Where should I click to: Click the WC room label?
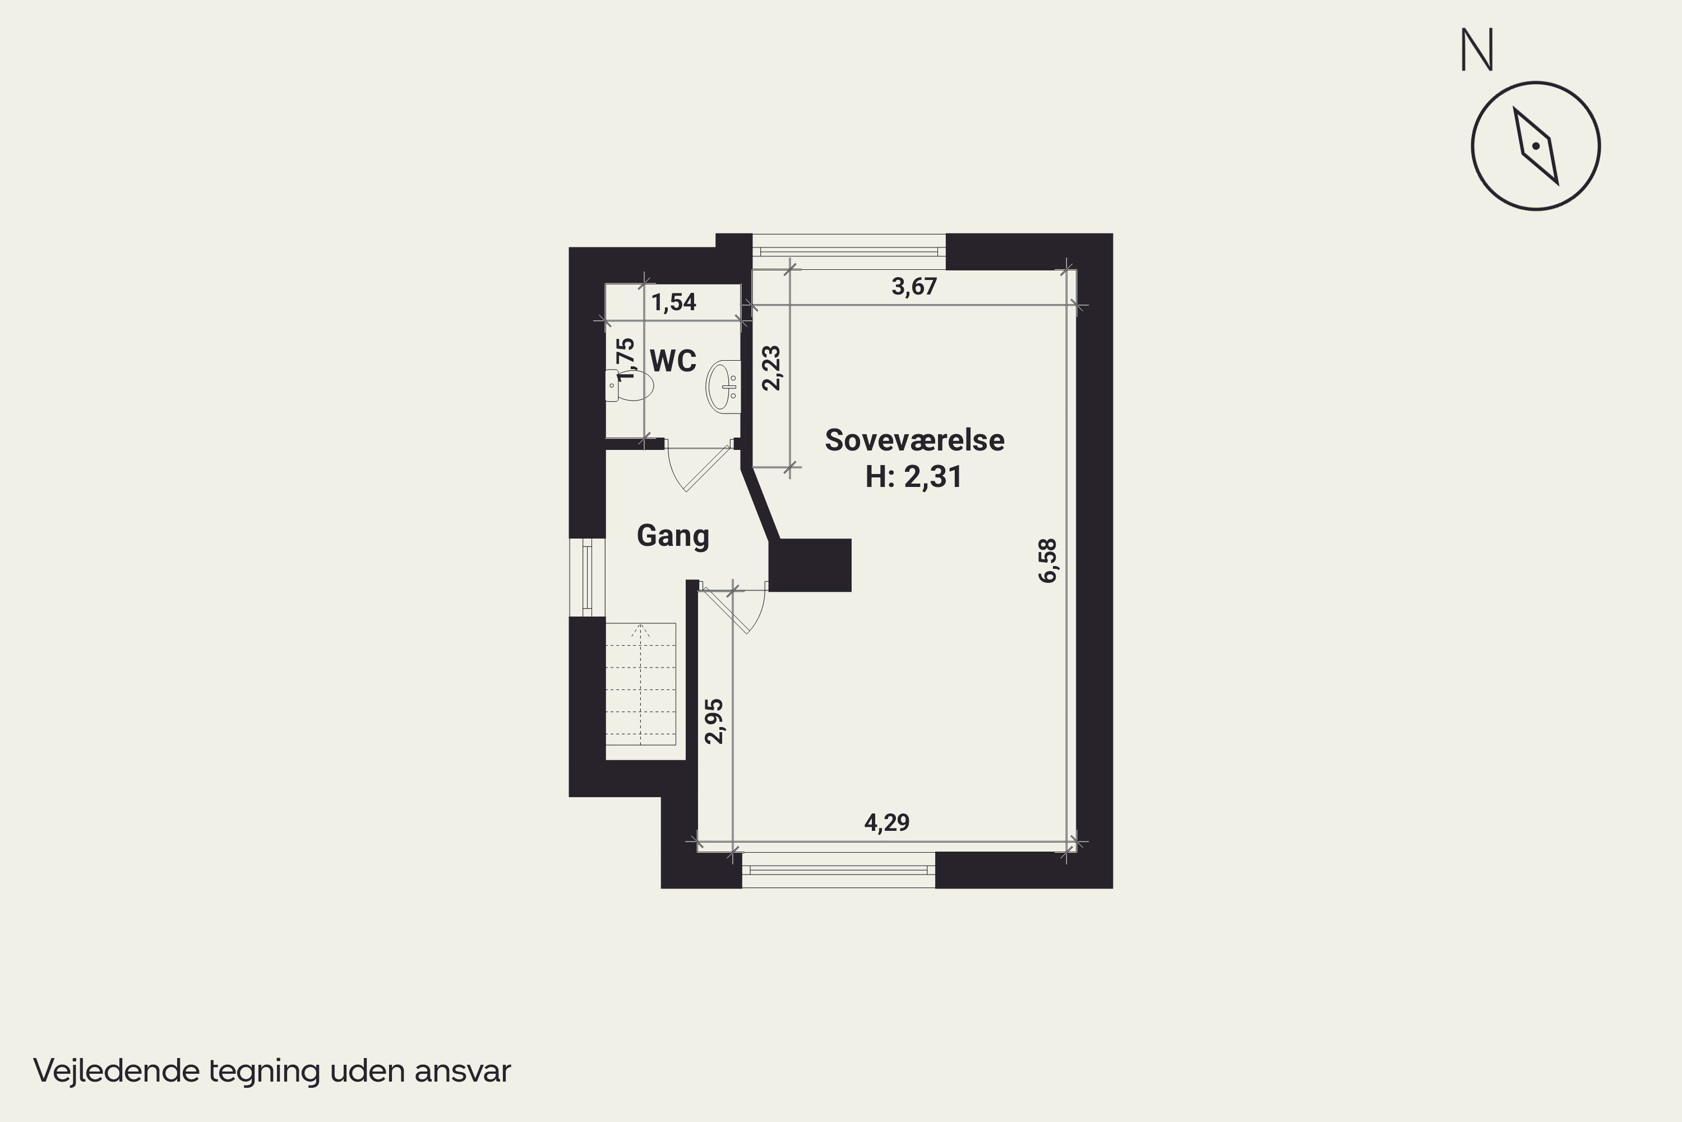coord(672,361)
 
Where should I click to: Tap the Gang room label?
coord(672,535)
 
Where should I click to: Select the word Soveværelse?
coord(914,440)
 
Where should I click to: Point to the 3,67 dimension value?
coord(913,287)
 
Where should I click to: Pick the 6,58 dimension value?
coord(1048,560)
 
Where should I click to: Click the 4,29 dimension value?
coord(887,823)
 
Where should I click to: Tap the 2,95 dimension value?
coord(714,721)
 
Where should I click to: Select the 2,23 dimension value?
coord(771,368)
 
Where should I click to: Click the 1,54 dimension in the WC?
coord(674,302)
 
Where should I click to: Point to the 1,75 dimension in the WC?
coord(625,358)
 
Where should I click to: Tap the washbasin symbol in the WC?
coord(723,387)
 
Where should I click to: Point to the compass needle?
coord(1536,146)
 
